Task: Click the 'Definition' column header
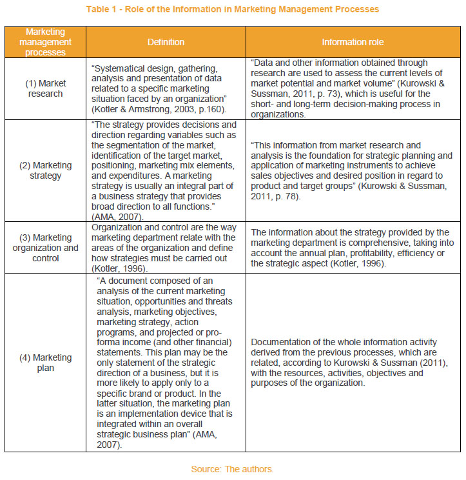(x=166, y=42)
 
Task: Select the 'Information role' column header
(x=353, y=42)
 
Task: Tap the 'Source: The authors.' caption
(x=232, y=469)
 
